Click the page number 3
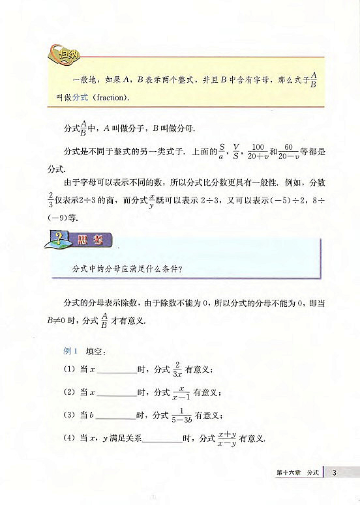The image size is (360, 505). (333, 472)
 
